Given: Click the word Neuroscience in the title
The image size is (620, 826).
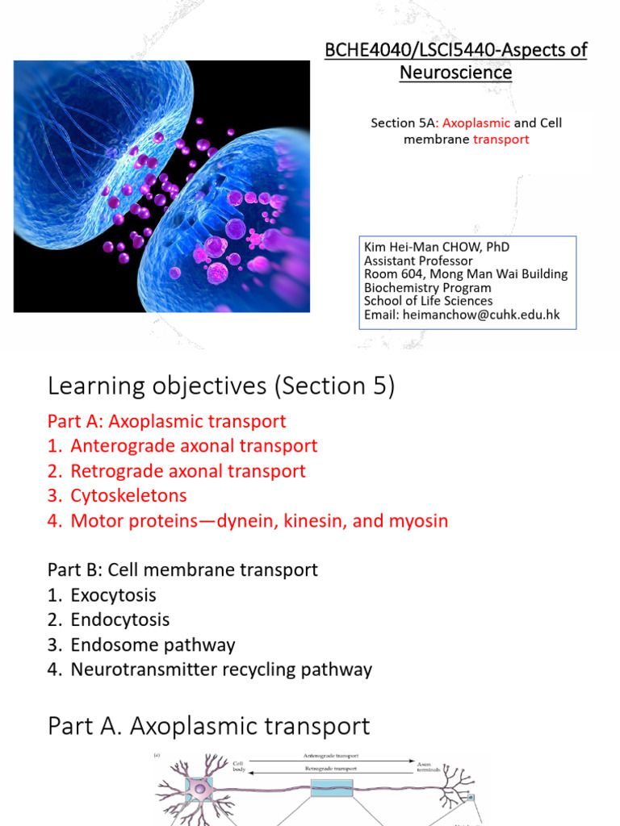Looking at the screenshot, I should click(455, 73).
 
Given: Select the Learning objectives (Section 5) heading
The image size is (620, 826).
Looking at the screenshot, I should click(221, 386).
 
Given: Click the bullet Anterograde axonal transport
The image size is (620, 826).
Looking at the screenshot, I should click(194, 446).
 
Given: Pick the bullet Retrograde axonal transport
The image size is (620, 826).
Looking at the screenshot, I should click(188, 471).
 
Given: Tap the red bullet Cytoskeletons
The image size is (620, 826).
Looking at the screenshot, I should click(128, 496).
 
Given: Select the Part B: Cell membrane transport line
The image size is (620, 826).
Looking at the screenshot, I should click(182, 570).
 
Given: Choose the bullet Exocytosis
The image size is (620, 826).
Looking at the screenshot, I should click(113, 595).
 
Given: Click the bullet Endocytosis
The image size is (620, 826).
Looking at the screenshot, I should click(119, 619).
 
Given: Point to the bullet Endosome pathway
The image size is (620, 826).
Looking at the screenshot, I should click(153, 645).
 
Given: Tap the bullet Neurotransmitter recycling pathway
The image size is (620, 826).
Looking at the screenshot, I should click(221, 670).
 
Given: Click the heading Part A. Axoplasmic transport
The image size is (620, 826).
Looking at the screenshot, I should click(209, 726).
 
